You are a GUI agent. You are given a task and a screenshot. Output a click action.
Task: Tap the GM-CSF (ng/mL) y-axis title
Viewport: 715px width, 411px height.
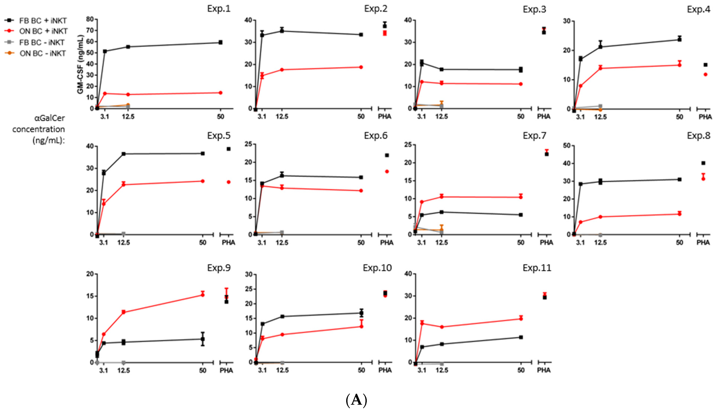click(80, 64)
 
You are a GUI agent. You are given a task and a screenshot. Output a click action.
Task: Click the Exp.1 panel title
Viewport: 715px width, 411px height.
click(219, 9)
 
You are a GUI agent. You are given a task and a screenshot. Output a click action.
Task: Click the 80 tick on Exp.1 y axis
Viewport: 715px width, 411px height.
click(90, 19)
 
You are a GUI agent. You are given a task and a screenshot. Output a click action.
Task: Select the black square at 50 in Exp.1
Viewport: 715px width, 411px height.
click(221, 42)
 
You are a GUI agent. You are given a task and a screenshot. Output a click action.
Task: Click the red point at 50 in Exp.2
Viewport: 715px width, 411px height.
click(361, 67)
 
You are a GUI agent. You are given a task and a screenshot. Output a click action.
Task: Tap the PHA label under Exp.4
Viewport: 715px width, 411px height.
click(705, 117)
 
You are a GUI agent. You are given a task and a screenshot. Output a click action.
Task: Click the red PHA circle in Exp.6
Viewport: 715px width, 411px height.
click(387, 171)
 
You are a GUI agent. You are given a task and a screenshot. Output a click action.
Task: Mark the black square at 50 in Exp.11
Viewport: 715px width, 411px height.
click(521, 337)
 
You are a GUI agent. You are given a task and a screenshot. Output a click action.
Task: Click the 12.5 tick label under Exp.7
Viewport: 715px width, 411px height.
click(441, 243)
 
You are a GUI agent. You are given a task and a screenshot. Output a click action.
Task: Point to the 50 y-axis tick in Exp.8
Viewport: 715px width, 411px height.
click(567, 146)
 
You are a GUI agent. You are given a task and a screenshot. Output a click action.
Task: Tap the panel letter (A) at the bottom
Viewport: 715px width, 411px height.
click(356, 400)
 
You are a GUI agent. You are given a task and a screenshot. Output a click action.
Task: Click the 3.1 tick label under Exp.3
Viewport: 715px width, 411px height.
click(421, 116)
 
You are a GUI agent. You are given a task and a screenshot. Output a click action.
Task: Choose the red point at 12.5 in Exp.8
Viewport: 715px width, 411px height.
click(600, 217)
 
